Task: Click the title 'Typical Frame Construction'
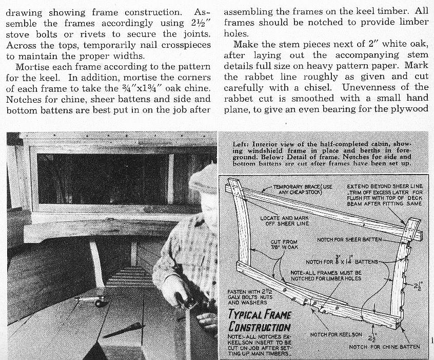tap(260, 320)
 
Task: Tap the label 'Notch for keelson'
tap(336, 335)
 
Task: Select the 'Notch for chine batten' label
tap(384, 347)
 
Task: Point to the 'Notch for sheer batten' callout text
tap(349, 240)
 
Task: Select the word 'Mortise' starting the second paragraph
tap(32, 67)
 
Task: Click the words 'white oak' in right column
tap(403, 45)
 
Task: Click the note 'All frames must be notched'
tap(326, 275)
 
